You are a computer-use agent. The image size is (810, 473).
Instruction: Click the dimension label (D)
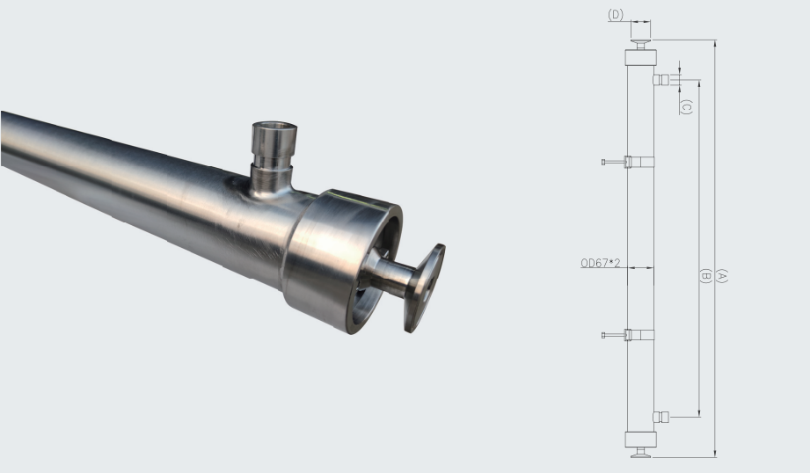[x=616, y=14]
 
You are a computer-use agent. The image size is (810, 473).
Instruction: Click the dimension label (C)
[x=687, y=107]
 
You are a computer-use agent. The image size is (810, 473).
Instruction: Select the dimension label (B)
[x=705, y=275]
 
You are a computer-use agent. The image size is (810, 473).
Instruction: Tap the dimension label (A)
[x=722, y=275]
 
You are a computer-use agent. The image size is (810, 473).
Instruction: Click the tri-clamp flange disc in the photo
[x=424, y=287]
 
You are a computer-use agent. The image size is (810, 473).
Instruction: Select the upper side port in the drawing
[x=660, y=80]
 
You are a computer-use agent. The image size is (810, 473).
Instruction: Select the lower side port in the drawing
[x=660, y=416]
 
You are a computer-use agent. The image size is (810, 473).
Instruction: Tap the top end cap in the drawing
[x=640, y=58]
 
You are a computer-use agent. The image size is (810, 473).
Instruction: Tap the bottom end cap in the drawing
[x=640, y=440]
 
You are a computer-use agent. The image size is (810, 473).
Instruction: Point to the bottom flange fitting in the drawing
[x=640, y=454]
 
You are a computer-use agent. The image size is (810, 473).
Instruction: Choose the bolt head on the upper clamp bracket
[x=604, y=162]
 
